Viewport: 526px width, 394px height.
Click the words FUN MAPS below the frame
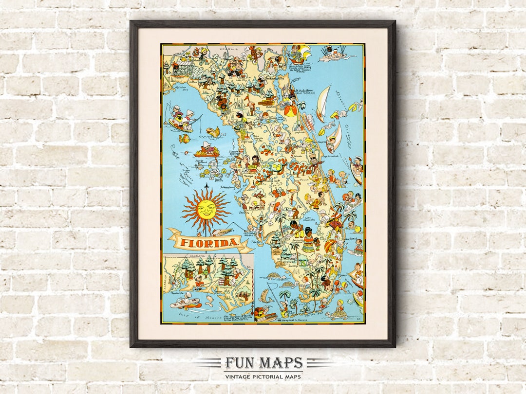[263, 363]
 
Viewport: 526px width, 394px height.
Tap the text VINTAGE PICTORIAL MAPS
[263, 376]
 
